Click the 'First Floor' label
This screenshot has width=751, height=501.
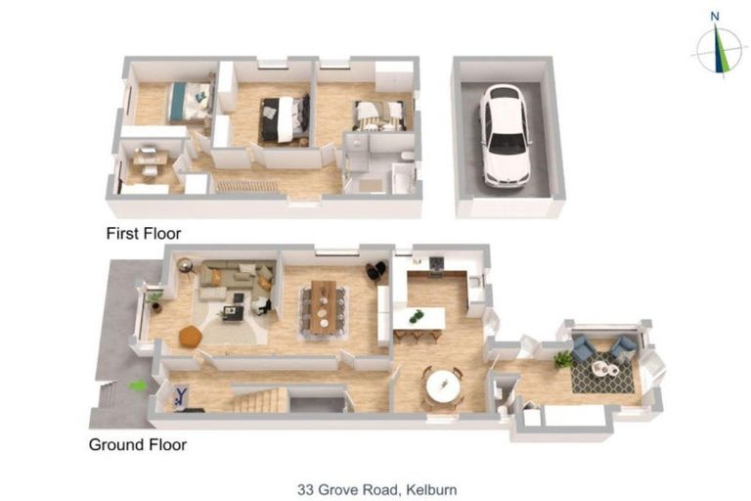click(x=144, y=234)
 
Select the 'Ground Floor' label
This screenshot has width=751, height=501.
click(x=138, y=444)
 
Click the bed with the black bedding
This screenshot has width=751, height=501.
click(x=285, y=117)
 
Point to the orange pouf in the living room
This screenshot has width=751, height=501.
click(x=190, y=336)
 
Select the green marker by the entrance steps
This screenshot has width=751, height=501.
click(x=138, y=386)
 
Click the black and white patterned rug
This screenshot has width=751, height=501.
click(x=601, y=375)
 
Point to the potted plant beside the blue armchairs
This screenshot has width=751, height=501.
click(x=563, y=359)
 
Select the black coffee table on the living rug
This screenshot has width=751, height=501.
click(x=233, y=313)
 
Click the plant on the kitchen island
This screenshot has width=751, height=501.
click(x=418, y=316)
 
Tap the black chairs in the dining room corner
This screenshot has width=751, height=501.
click(x=375, y=270)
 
